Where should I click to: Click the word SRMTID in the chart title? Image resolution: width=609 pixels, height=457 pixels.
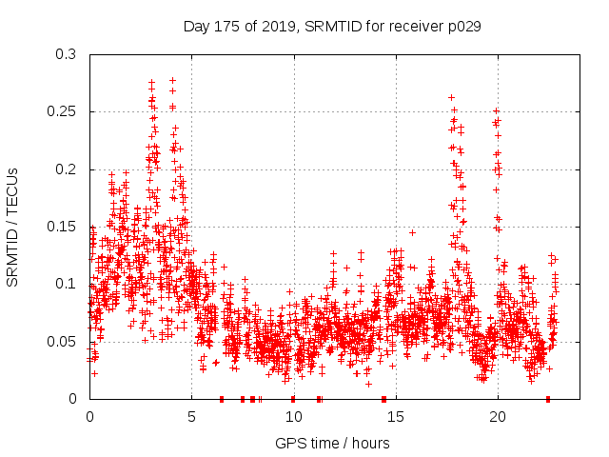pos(335,27)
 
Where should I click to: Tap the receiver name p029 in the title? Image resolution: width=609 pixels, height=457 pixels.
pos(461,27)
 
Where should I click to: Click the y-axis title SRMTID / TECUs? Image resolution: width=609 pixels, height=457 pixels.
pos(13,226)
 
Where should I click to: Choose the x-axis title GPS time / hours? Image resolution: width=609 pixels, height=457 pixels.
pos(332,443)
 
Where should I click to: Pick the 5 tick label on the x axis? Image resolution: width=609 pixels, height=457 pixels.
pos(191,416)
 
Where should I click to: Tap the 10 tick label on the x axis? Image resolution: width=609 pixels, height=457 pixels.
pos(293,416)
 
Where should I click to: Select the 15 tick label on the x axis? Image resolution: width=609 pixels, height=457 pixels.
pos(395,416)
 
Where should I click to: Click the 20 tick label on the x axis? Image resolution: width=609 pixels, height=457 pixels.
pos(497,416)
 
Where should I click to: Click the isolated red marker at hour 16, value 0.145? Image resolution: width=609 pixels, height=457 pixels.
pos(412,232)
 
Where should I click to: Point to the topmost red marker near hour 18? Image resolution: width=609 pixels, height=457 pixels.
pos(451,97)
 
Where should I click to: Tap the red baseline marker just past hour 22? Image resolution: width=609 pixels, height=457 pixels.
pos(548,399)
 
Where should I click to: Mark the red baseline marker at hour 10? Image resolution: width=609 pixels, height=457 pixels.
pos(293,399)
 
